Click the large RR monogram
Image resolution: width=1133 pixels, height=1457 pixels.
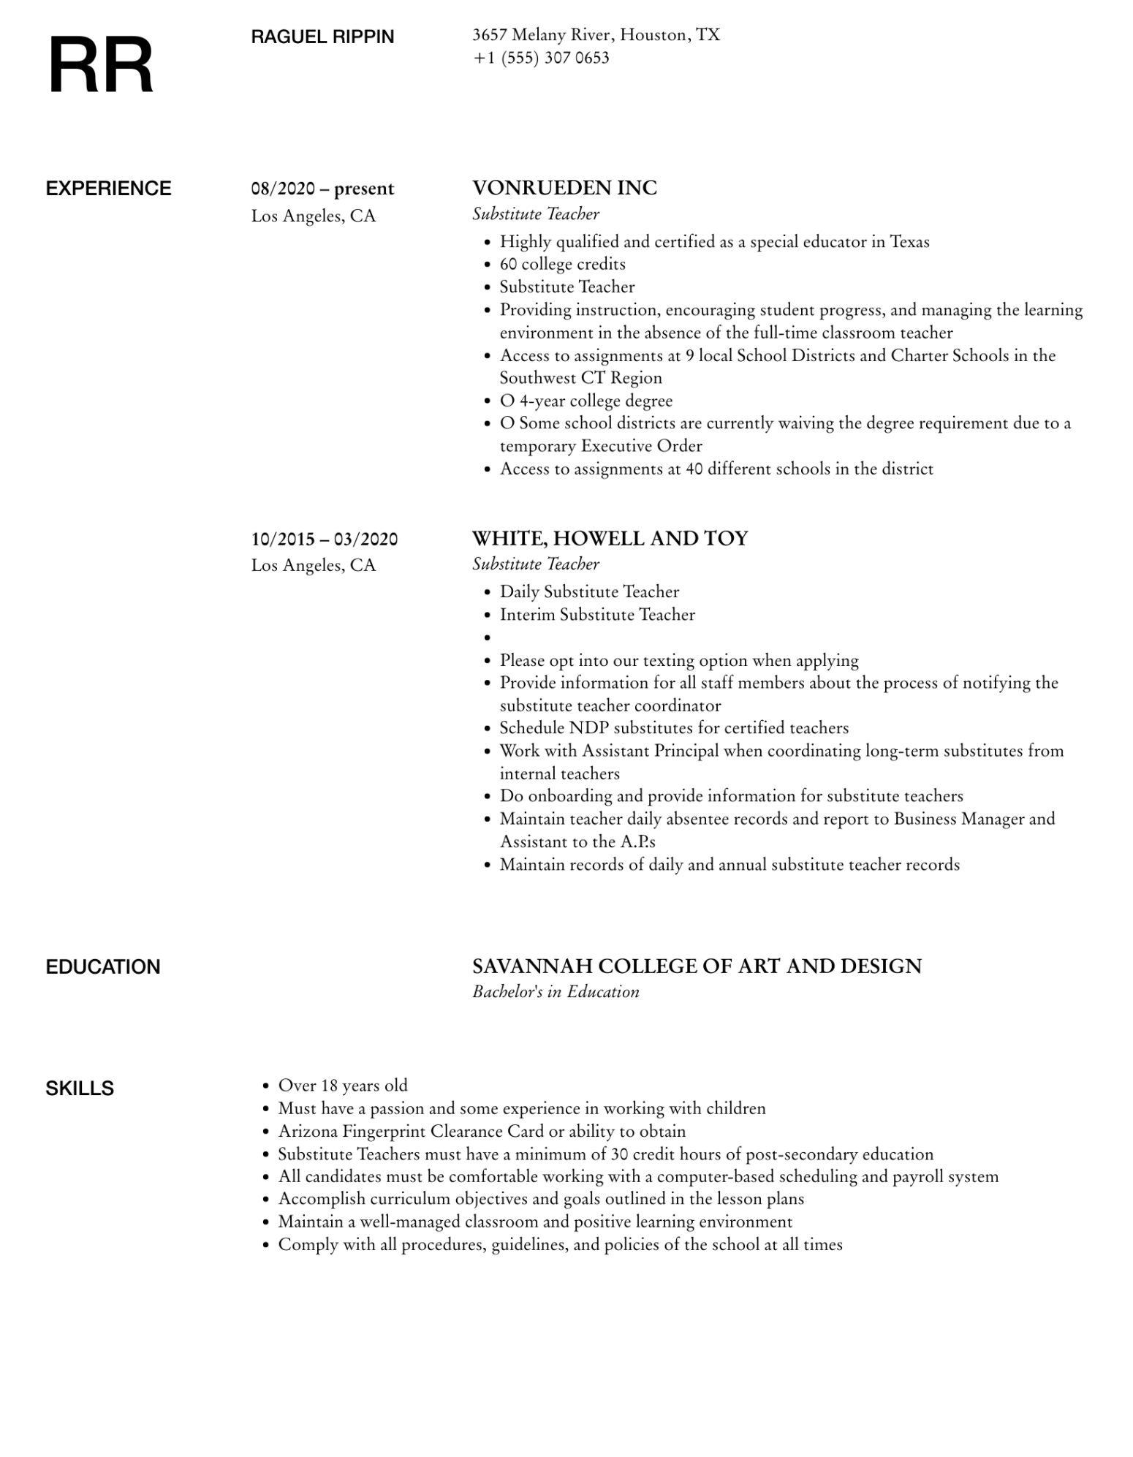tap(101, 66)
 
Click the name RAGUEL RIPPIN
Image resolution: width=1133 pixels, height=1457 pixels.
tap(322, 37)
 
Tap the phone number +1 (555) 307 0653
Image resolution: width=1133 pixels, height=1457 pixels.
tap(541, 58)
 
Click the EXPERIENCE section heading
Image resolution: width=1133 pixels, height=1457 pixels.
tap(108, 189)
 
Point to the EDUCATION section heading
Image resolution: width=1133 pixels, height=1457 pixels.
tap(103, 966)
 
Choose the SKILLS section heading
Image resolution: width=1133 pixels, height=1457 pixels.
tap(80, 1089)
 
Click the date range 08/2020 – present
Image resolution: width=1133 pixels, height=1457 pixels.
tap(322, 189)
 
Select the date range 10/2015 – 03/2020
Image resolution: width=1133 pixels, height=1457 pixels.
tap(325, 540)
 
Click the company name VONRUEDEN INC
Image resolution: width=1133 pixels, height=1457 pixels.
tap(564, 188)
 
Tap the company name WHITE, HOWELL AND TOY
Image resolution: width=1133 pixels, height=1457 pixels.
tap(610, 538)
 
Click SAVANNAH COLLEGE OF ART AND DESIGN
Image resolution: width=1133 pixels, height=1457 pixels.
tap(697, 966)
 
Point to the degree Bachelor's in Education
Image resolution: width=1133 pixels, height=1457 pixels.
tap(556, 991)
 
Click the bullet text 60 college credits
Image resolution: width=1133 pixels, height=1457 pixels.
tap(562, 264)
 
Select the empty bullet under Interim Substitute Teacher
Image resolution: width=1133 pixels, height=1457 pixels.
tap(487, 637)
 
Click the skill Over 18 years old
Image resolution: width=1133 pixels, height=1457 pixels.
tap(343, 1086)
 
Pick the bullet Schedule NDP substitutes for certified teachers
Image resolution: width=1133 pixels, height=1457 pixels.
tap(674, 728)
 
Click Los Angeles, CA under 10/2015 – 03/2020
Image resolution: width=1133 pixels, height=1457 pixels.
tap(313, 565)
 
